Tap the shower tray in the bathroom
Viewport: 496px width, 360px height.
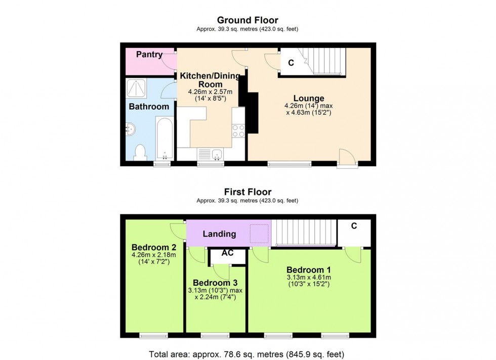tap(136, 88)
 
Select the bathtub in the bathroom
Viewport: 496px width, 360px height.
tap(164, 138)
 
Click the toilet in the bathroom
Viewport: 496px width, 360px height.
tap(140, 152)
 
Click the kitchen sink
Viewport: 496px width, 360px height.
tap(211, 153)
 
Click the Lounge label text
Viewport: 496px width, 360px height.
tap(309, 98)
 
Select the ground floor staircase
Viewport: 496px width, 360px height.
tap(324, 60)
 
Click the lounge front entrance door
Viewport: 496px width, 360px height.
tap(348, 158)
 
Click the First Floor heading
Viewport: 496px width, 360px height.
tap(247, 192)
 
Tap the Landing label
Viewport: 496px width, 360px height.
tap(219, 234)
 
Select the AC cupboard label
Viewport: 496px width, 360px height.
tap(227, 253)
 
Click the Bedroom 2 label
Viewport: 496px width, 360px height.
tap(154, 247)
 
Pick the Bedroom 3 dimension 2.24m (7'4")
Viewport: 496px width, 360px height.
tap(215, 297)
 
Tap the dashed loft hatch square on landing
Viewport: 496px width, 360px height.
tap(260, 233)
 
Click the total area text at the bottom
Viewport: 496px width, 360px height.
tap(247, 354)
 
